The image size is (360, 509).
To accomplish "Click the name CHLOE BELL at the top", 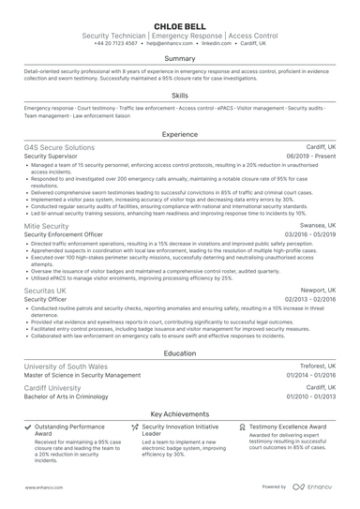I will click(x=180, y=23).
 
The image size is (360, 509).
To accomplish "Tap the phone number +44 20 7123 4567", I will click(x=115, y=43).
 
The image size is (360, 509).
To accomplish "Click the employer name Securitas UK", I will click(x=45, y=292).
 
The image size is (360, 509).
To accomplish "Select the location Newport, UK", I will click(x=315, y=292).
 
